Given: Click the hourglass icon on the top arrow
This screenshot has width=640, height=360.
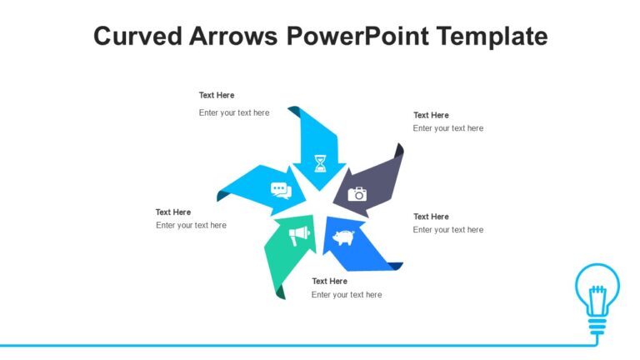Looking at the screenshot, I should point(321,162).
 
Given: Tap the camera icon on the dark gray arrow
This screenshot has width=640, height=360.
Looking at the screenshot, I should point(357,194).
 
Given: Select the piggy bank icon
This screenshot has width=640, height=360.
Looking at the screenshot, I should point(343,238).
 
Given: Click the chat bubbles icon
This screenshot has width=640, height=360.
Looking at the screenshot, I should point(282,191).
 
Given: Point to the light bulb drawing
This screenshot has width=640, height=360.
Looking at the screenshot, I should point(597,292).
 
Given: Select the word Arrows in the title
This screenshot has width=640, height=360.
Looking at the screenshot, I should point(237,37).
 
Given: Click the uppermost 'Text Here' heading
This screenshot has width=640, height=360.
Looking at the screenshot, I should point(217,95).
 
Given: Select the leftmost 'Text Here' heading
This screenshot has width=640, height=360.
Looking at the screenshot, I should point(173,212).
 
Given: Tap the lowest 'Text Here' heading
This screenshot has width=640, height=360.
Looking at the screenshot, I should point(329,281).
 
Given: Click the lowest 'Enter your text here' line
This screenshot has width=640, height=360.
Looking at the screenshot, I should point(347,294).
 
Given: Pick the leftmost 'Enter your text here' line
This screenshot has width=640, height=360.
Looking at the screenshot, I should point(191,225).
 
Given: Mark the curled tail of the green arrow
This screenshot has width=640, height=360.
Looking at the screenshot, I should point(280,291).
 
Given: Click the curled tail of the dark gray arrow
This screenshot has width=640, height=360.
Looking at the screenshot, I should point(399,150).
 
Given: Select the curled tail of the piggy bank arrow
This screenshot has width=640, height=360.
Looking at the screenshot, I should point(394,266).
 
